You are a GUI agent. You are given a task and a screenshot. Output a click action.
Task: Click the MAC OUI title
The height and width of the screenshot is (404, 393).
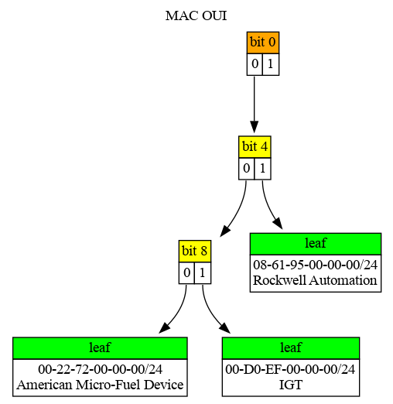click(x=196, y=15)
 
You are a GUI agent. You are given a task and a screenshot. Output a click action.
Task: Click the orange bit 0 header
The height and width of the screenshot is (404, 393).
click(x=262, y=42)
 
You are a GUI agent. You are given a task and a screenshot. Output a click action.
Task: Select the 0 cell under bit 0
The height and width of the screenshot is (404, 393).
click(x=255, y=64)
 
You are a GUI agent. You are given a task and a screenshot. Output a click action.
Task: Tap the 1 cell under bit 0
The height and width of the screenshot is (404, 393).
click(x=270, y=64)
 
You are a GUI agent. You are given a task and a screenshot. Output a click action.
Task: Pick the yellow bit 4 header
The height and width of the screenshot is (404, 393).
click(x=255, y=146)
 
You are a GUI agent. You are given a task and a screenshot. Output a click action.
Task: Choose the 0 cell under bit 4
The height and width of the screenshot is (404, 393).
click(x=246, y=168)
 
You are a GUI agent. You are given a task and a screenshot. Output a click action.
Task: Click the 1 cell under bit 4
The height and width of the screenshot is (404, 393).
click(x=262, y=168)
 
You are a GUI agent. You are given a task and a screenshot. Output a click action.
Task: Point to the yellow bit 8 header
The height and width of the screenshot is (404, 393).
click(x=194, y=251)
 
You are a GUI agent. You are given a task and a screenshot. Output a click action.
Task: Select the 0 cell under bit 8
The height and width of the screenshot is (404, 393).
click(x=186, y=273)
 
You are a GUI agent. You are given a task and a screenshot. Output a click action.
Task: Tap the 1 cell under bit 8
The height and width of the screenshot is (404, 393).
click(x=202, y=273)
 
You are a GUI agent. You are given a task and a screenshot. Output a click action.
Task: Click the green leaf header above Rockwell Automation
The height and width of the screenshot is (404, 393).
click(x=316, y=244)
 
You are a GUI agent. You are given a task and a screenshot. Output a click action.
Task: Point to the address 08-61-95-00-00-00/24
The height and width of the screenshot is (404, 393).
click(x=316, y=265)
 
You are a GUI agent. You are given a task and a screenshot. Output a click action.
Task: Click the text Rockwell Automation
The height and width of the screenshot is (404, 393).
click(x=316, y=279)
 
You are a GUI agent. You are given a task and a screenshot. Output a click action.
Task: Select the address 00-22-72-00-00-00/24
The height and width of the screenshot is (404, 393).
click(x=100, y=369)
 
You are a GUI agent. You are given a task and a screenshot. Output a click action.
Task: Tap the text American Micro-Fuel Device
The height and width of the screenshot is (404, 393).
click(x=100, y=384)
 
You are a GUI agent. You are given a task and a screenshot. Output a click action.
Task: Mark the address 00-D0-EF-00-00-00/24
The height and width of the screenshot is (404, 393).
click(x=290, y=369)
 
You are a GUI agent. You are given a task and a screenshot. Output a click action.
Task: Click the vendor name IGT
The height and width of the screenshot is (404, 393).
click(x=290, y=384)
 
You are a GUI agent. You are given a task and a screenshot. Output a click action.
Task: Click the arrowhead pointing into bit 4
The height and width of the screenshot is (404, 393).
click(x=255, y=129)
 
